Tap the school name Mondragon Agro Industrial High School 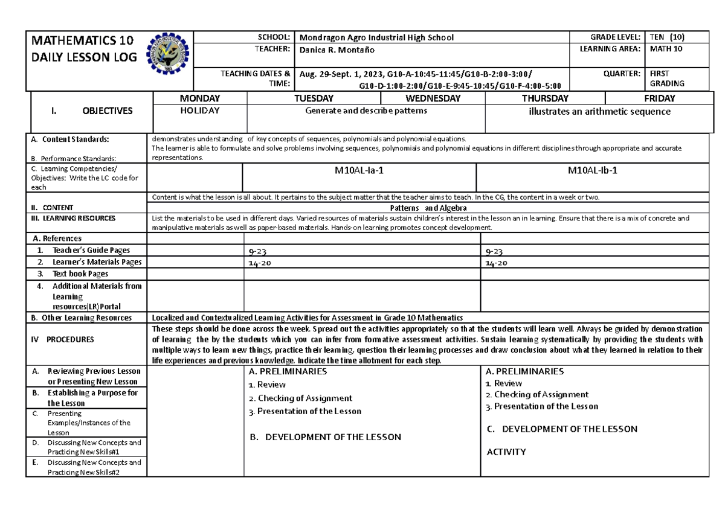(x=376, y=37)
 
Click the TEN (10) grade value (x=666, y=37)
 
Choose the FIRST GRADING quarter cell (x=666, y=78)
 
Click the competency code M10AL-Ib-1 (x=592, y=171)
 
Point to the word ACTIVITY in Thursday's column (x=506, y=452)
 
